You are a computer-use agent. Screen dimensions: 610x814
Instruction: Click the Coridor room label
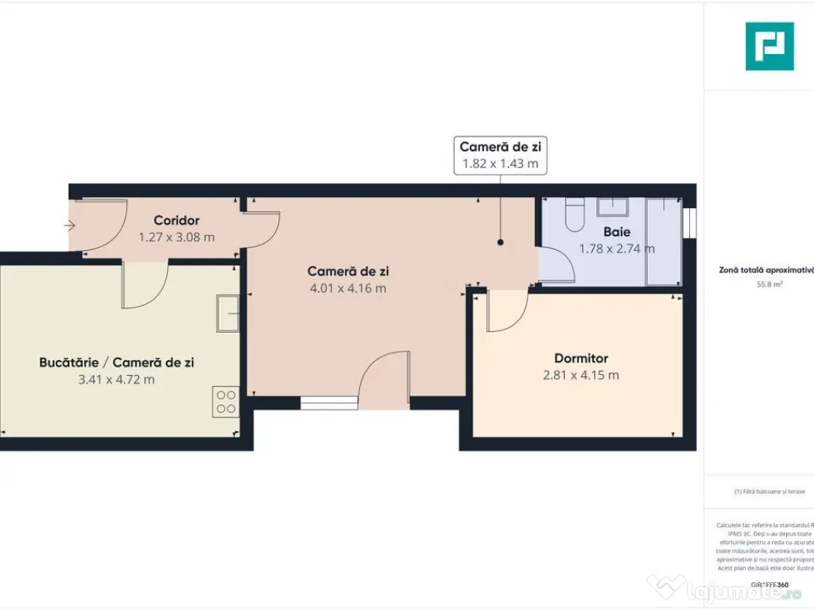click(x=176, y=220)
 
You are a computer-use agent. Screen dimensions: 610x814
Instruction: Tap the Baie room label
click(x=617, y=232)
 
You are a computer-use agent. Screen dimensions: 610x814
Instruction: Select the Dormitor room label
click(x=580, y=358)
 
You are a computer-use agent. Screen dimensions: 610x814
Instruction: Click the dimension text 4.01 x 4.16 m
click(x=347, y=288)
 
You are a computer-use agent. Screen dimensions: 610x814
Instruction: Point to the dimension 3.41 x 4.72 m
click(x=116, y=379)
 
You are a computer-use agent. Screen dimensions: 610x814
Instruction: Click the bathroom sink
click(x=613, y=207)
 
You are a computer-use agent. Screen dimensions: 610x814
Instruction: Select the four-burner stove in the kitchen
click(x=226, y=401)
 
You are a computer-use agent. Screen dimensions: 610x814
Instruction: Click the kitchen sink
click(x=227, y=313)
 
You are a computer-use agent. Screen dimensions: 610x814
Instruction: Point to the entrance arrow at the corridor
click(x=69, y=226)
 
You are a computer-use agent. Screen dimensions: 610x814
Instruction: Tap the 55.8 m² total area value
click(x=767, y=282)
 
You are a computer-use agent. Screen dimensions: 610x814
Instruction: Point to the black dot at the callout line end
click(x=501, y=243)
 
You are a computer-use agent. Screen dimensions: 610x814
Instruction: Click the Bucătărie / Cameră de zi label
click(x=116, y=362)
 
